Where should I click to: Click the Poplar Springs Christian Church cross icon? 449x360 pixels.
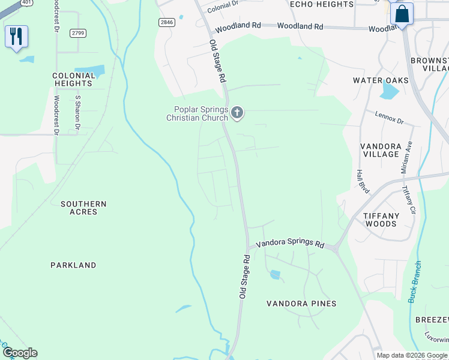pyautogui.click(x=237, y=112)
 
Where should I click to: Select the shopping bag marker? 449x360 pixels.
pyautogui.click(x=402, y=13)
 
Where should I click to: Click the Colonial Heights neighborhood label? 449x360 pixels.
pyautogui.click(x=74, y=80)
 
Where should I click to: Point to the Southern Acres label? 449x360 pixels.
pyautogui.click(x=83, y=208)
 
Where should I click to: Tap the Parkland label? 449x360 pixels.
pyautogui.click(x=73, y=265)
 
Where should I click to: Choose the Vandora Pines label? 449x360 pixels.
pyautogui.click(x=301, y=304)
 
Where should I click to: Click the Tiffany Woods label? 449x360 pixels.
pyautogui.click(x=381, y=220)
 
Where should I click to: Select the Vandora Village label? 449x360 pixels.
pyautogui.click(x=380, y=150)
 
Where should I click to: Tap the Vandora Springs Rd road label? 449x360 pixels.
pyautogui.click(x=290, y=244)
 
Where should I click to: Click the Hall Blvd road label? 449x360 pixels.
pyautogui.click(x=362, y=181)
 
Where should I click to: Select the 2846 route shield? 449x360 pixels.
pyautogui.click(x=167, y=22)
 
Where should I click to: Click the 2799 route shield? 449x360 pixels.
pyautogui.click(x=77, y=33)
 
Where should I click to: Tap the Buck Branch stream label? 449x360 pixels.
pyautogui.click(x=413, y=282)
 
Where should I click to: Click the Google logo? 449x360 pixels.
pyautogui.click(x=20, y=353)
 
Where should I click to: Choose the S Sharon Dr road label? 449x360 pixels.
pyautogui.click(x=77, y=112)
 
